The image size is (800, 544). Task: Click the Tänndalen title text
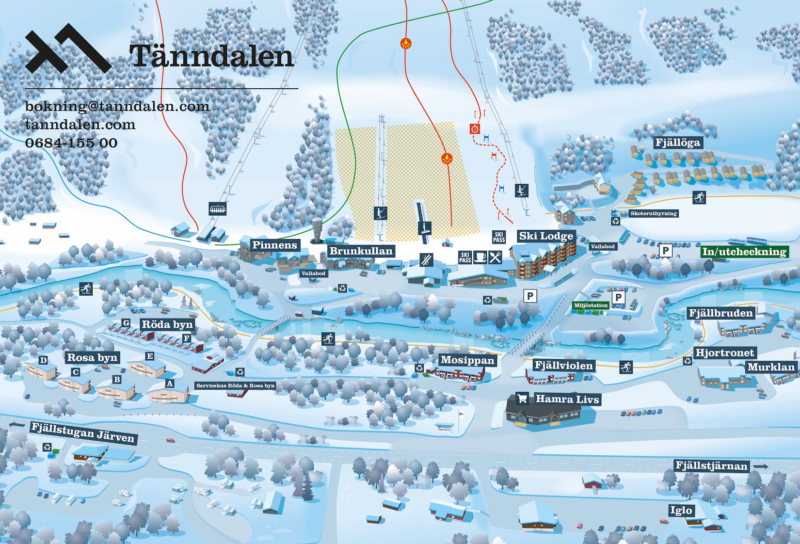212,56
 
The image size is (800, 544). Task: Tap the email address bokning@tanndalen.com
117,106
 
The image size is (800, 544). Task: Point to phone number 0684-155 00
71,143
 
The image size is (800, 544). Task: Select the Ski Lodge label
546,236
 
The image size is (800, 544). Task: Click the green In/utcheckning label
744,252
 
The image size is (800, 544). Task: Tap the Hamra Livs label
567,399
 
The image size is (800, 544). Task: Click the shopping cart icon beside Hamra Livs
522,399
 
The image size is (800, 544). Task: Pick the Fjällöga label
677,143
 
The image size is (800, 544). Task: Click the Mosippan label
467,360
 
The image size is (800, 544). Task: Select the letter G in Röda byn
126,323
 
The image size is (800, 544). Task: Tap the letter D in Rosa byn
44,360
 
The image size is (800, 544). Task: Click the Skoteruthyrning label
653,213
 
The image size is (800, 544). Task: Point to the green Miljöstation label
591,305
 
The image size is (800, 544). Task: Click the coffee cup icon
480,257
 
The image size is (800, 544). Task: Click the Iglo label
681,510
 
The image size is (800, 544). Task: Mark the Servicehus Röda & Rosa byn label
235,386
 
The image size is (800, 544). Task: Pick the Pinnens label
274,245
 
